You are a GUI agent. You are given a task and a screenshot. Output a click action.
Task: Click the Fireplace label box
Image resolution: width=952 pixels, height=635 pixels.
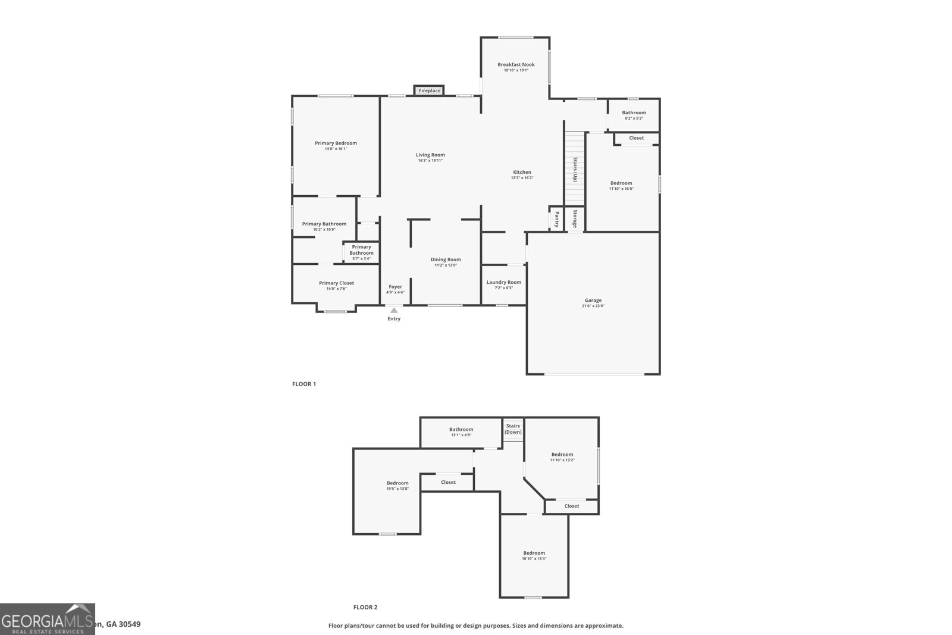point(429,90)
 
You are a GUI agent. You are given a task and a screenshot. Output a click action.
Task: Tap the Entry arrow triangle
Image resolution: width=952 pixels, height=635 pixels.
point(394,310)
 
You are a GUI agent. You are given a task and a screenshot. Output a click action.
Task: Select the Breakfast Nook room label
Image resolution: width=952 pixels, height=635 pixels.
point(516,64)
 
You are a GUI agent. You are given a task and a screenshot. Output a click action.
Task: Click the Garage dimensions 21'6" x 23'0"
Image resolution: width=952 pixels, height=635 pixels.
point(593,306)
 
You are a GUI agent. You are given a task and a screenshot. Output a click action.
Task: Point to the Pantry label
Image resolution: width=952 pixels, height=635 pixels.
point(557,218)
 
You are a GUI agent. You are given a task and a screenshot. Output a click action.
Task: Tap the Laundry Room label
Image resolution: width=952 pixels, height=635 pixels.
point(503,282)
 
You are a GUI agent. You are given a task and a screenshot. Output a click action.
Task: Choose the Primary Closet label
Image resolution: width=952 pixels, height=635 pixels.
point(336,283)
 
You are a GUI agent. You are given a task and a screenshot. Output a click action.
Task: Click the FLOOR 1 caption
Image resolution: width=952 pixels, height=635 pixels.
point(303,384)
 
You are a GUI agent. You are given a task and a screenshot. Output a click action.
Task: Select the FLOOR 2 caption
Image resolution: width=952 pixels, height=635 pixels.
point(365,607)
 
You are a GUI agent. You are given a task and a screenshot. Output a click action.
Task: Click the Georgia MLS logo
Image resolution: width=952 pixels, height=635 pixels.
point(48,619)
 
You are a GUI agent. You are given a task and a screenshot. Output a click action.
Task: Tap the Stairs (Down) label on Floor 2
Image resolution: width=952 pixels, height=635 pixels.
point(513,428)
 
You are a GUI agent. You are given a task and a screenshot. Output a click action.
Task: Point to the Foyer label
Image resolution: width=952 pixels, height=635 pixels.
point(395,286)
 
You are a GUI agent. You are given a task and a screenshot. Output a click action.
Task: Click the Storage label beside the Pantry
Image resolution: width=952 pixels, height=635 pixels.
point(575,218)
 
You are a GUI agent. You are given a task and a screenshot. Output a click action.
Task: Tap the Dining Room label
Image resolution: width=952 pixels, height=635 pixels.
point(446,259)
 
